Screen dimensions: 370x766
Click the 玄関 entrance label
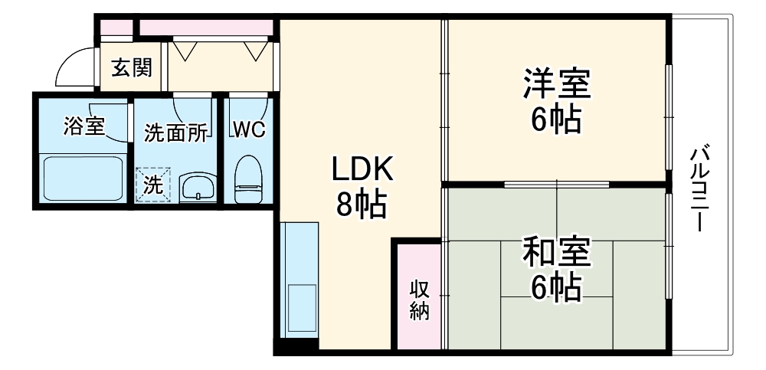132,68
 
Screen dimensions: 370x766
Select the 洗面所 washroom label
176,133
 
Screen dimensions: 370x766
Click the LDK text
362,171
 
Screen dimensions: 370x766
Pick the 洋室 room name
557,84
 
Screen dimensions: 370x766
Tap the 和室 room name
557,251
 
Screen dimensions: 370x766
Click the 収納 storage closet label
419,300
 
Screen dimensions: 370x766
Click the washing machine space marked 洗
154,185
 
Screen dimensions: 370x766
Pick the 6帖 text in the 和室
556,287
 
